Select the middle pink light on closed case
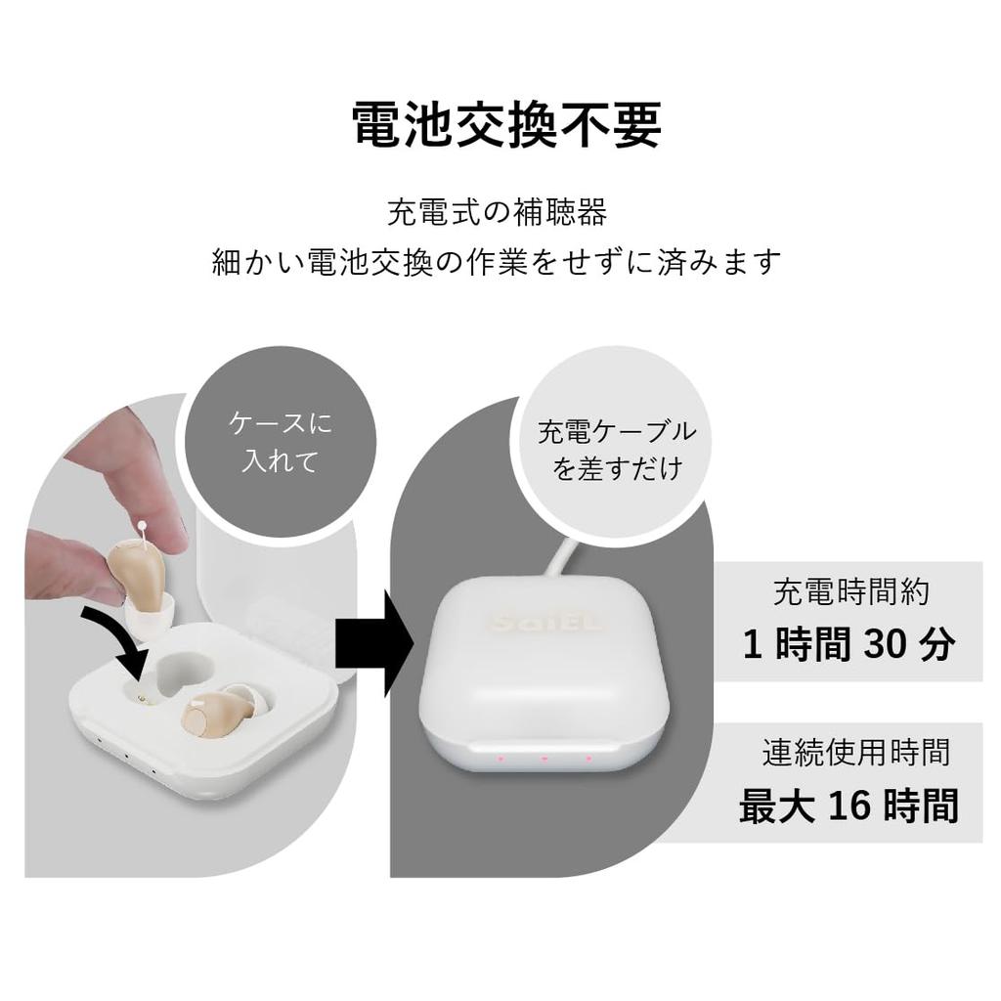point(544,759)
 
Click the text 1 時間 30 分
point(848,645)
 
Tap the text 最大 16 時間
point(848,807)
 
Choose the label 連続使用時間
point(856,753)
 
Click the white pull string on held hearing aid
point(145,534)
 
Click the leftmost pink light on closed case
point(499,759)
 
